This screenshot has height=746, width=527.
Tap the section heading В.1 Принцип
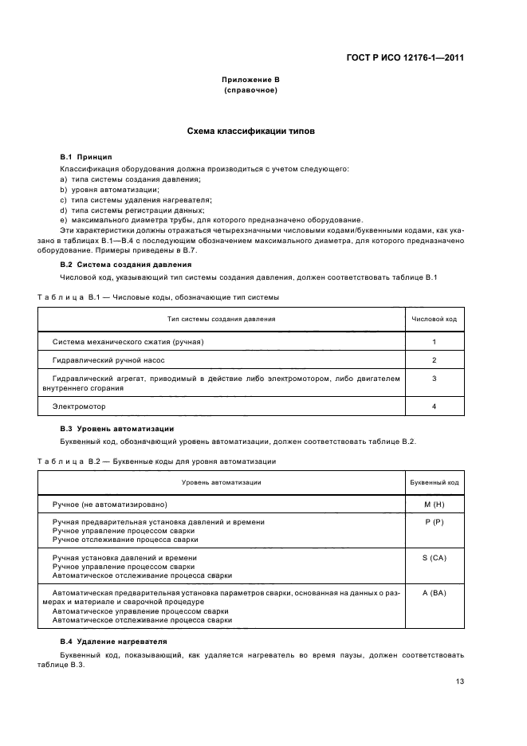coord(87,157)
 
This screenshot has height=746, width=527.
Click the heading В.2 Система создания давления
coord(126,264)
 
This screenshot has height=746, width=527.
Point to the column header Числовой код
coord(434,319)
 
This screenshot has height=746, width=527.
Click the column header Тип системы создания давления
coord(221,319)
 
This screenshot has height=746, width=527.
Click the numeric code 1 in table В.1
coord(434,342)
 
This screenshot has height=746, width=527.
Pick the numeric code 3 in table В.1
coord(434,379)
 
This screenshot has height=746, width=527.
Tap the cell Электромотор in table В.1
coord(79,406)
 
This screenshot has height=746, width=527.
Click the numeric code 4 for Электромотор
coord(434,406)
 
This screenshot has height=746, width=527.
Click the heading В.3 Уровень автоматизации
coord(117,429)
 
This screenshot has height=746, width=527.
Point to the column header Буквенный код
coord(434,482)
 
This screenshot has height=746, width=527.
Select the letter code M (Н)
coord(434,505)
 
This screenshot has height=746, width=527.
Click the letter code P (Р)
coord(434,523)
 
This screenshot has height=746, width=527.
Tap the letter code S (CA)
coord(434,558)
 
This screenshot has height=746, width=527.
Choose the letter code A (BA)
coord(434,594)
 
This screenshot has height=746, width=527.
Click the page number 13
coord(459,681)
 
